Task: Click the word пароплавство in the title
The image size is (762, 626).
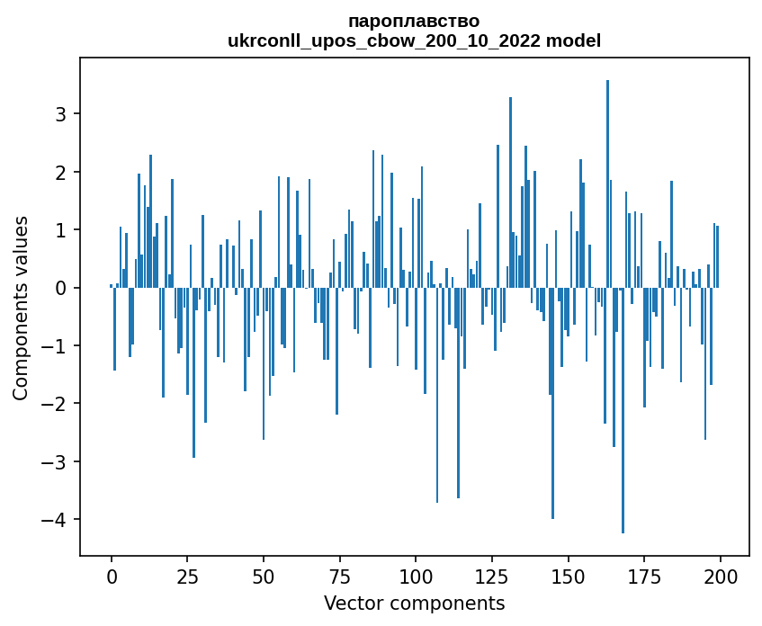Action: (x=414, y=21)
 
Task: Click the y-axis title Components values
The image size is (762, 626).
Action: (x=21, y=308)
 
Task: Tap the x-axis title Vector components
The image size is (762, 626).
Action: (x=414, y=603)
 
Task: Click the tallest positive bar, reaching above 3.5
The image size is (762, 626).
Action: (x=607, y=180)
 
